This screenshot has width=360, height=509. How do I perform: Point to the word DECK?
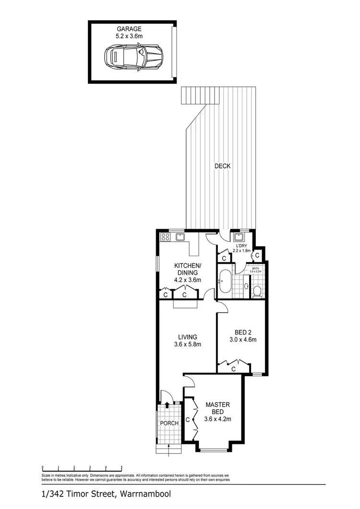click(x=223, y=166)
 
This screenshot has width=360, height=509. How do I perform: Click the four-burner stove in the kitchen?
click(x=165, y=237)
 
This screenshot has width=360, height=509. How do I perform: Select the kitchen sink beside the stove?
click(x=181, y=237)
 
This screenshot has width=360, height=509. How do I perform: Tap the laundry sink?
click(x=238, y=237)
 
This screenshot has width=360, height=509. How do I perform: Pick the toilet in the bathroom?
click(x=257, y=290)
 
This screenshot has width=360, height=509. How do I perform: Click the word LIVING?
click(x=187, y=337)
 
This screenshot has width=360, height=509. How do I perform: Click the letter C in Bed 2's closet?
click(x=233, y=369)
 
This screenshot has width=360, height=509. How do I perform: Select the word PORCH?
click(x=170, y=423)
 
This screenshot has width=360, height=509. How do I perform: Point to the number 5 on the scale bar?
click(x=122, y=467)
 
